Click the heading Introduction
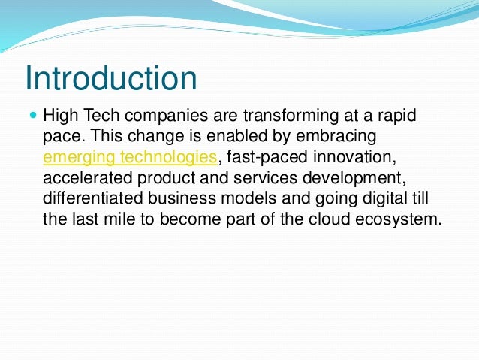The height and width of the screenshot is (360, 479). click(x=110, y=79)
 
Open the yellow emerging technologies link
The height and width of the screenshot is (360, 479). click(x=130, y=157)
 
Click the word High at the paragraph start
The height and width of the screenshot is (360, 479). click(x=60, y=118)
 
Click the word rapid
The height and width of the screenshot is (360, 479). click(x=396, y=118)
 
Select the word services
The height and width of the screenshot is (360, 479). click(x=262, y=178)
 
